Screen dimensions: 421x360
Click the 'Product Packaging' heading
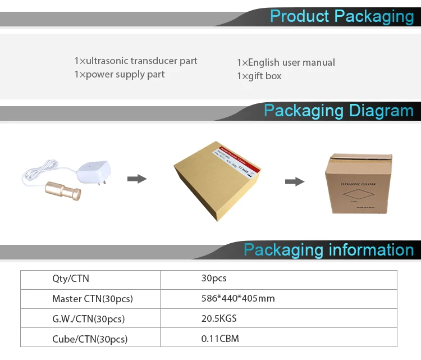click(341, 16)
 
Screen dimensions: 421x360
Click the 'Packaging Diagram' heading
click(338, 110)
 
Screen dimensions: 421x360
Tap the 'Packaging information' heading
click(328, 250)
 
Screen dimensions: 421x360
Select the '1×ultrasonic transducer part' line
click(136, 61)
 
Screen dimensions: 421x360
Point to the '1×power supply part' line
click(120, 74)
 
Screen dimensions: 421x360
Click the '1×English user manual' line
click(286, 62)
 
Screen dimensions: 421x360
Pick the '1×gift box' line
click(259, 76)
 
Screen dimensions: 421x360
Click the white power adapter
click(95, 168)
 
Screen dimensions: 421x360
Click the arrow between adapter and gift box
click(137, 179)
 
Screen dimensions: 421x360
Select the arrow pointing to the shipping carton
click(295, 181)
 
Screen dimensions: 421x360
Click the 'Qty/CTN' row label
click(70, 279)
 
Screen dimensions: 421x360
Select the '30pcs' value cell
click(214, 278)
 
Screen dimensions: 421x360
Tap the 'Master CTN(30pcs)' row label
click(92, 299)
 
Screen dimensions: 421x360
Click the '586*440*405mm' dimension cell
click(238, 298)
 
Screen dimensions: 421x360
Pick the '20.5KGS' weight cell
click(219, 318)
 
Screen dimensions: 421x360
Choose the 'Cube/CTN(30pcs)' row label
click(90, 339)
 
